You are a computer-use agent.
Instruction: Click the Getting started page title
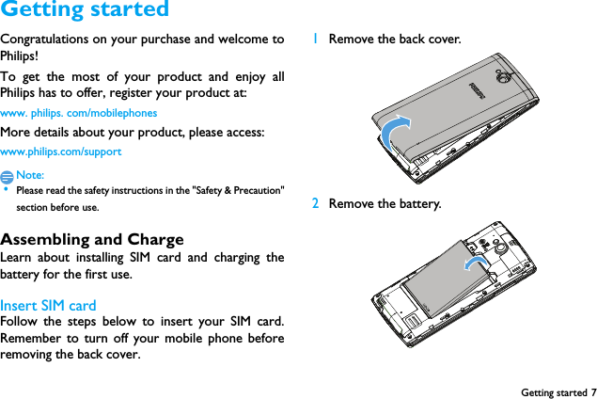click(x=85, y=10)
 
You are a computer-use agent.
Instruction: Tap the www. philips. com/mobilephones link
click(x=79, y=113)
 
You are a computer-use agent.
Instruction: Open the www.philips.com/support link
click(x=61, y=152)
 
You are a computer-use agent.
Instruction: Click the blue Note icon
click(x=8, y=176)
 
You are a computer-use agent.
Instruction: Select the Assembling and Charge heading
click(x=92, y=239)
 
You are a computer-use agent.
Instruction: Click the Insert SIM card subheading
click(x=48, y=305)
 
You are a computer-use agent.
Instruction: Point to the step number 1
click(x=316, y=40)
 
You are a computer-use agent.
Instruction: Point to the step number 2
click(x=316, y=203)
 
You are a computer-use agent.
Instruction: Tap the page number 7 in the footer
click(x=592, y=391)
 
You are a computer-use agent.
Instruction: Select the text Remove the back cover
click(x=395, y=40)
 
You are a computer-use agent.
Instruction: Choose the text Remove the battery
click(x=385, y=203)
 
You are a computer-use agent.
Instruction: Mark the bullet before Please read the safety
click(x=6, y=190)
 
